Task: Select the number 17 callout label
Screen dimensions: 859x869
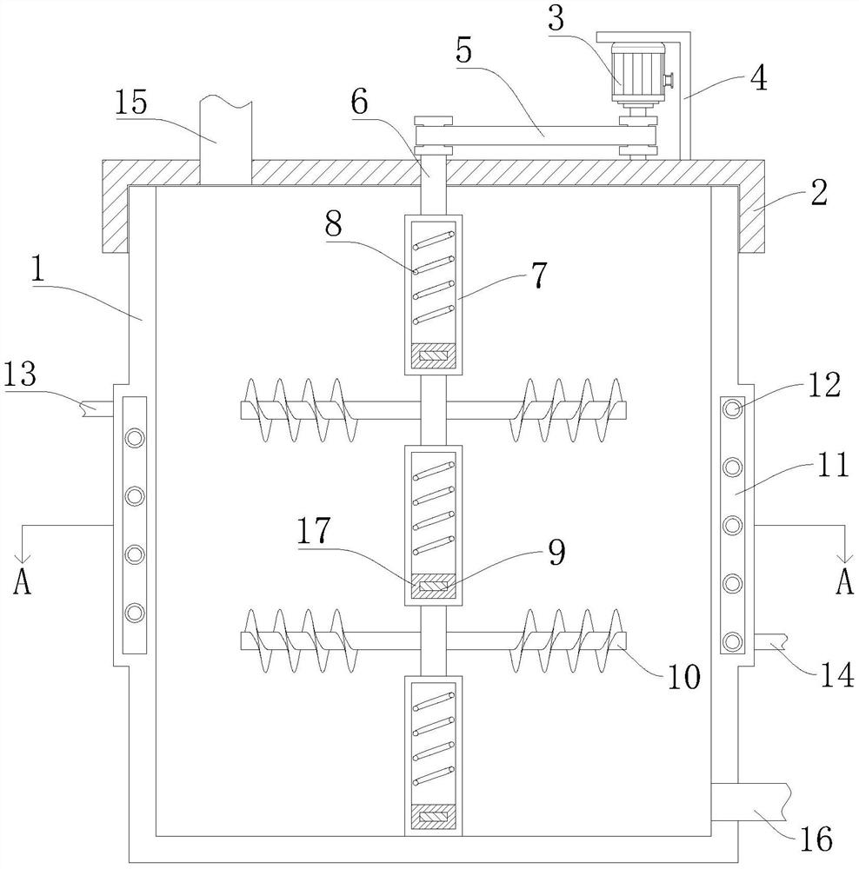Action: pyautogui.click(x=313, y=530)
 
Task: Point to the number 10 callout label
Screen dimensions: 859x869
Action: pyautogui.click(x=683, y=676)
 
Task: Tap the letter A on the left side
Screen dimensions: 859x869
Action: pyautogui.click(x=23, y=581)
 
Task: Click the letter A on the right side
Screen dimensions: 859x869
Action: pyautogui.click(x=844, y=581)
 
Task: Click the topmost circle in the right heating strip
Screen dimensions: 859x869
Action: pyautogui.click(x=733, y=409)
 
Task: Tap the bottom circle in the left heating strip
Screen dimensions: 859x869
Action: pyautogui.click(x=134, y=613)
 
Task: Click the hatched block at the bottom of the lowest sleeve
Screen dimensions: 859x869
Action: pyautogui.click(x=433, y=817)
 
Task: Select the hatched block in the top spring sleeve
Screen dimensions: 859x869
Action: pyautogui.click(x=433, y=355)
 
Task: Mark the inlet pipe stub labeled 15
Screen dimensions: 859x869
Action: pyautogui.click(x=225, y=140)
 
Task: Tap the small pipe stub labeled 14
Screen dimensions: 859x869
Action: pyautogui.click(x=770, y=642)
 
